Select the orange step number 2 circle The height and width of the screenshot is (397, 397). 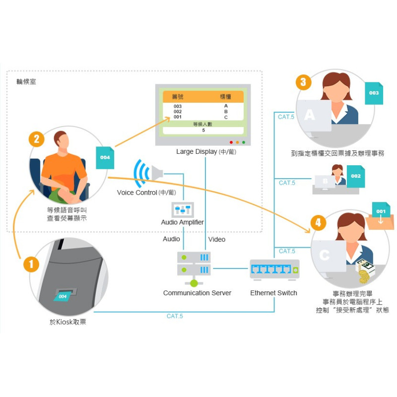pos(37,138)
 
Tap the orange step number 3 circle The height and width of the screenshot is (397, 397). pos(303,82)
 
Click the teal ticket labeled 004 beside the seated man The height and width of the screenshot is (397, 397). pos(105,157)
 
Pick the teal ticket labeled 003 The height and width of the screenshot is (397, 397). pos(374,93)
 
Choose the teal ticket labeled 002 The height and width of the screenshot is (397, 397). pos(355,176)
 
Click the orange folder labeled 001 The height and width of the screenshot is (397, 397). pos(380,213)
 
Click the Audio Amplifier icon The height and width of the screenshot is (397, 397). pos(182,209)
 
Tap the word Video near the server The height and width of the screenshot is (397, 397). pos(217,239)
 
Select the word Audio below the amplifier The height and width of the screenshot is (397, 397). pos(172,239)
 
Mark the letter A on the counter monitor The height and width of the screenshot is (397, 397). pos(310,115)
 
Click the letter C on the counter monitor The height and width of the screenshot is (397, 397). pos(324,255)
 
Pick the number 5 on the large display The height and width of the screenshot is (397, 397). pos(203,131)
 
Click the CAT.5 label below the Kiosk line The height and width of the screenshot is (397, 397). pos(175,316)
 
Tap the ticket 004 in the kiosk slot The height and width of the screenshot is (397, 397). pos(63,296)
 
